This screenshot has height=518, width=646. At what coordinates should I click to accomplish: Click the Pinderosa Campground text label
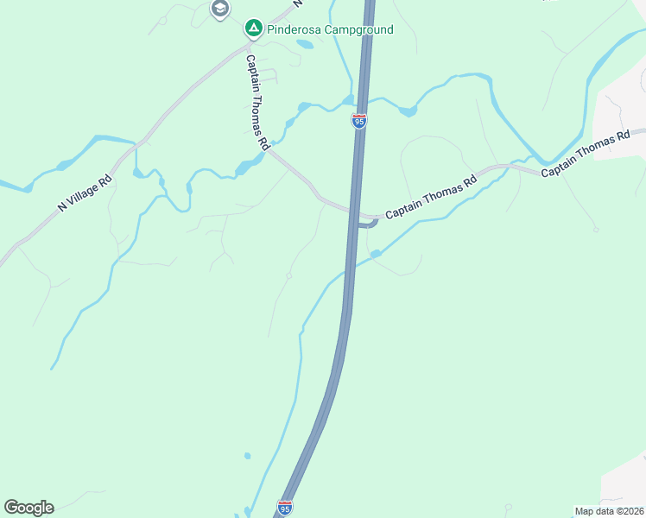pos(331,29)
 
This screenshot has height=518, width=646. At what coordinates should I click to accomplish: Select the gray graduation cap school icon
pos(219,9)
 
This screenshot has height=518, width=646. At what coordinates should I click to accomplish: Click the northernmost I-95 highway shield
pos(359,121)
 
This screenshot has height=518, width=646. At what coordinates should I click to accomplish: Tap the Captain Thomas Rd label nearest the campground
pos(256,104)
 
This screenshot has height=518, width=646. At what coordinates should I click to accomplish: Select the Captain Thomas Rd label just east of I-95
pos(431,198)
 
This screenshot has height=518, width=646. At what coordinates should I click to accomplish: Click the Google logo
pos(28,508)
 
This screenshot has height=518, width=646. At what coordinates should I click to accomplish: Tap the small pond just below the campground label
pos(305,44)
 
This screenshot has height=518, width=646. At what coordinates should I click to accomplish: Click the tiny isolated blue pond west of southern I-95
pos(247,455)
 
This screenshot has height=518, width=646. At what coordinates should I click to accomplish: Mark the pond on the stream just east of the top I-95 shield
pos(408,111)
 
